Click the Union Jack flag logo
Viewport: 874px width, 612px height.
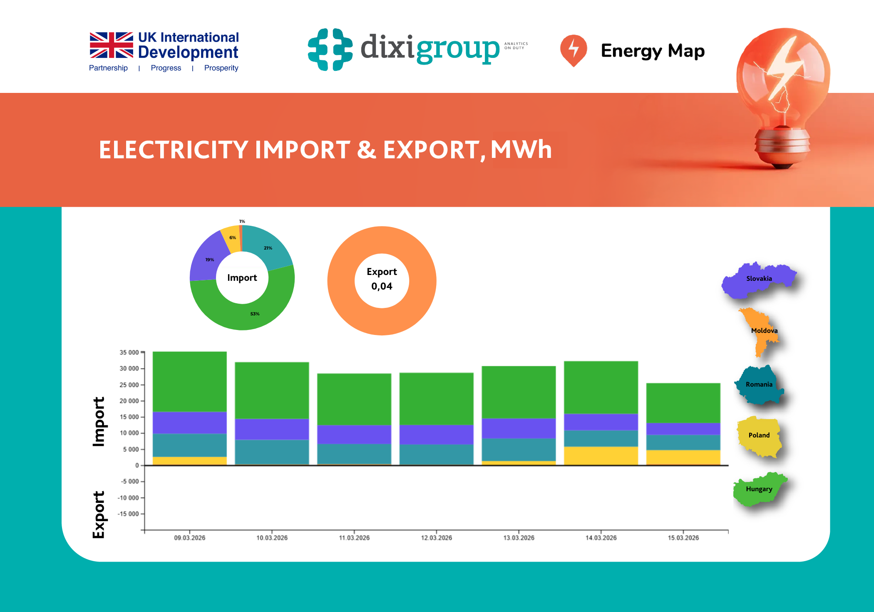pyautogui.click(x=111, y=45)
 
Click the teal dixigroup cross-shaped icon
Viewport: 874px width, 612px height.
pyautogui.click(x=330, y=50)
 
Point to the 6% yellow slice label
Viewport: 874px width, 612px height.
pyautogui.click(x=233, y=238)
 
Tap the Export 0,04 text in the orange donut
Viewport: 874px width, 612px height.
pyautogui.click(x=382, y=279)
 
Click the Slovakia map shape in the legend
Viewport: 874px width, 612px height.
pyautogui.click(x=758, y=279)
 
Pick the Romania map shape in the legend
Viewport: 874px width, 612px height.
pyautogui.click(x=759, y=385)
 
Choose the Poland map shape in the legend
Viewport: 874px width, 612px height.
pyautogui.click(x=759, y=435)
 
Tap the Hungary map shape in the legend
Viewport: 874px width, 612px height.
pyautogui.click(x=759, y=489)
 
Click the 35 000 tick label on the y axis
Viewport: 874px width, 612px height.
pyautogui.click(x=129, y=352)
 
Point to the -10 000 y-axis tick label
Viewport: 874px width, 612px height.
pyautogui.click(x=128, y=498)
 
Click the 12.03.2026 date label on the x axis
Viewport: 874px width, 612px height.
pyautogui.click(x=436, y=538)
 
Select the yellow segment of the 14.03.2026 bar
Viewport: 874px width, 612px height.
pyautogui.click(x=601, y=455)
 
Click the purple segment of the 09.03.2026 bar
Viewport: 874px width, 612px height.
pyautogui.click(x=189, y=422)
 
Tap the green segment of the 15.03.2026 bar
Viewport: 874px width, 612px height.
pyautogui.click(x=683, y=402)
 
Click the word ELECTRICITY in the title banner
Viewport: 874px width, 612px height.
pyautogui.click(x=174, y=150)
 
